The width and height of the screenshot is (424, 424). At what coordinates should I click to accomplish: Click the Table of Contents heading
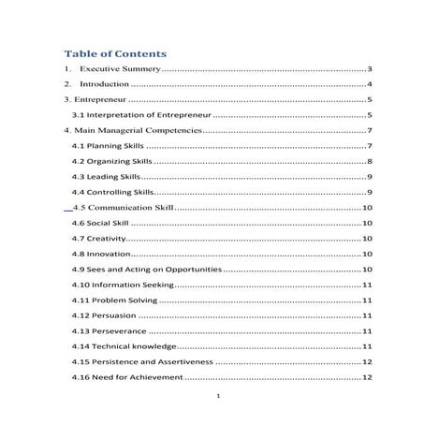click(x=115, y=53)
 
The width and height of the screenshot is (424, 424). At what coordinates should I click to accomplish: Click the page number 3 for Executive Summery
click(x=371, y=70)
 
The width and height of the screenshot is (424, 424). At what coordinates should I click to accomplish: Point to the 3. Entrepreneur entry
click(x=92, y=100)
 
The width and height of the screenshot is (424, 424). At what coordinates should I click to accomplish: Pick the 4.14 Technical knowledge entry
click(x=124, y=345)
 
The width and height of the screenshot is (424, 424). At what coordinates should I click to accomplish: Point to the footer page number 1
click(x=217, y=397)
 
